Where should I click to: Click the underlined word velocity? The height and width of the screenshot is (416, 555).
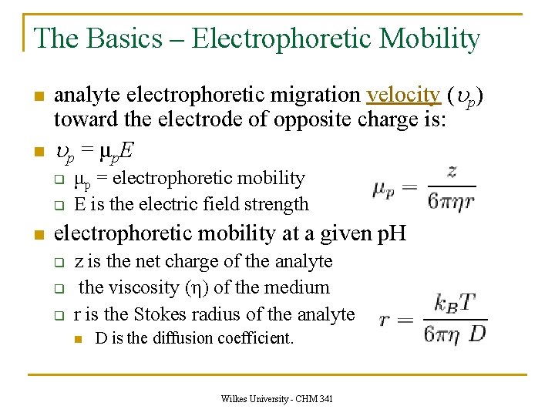click(x=403, y=95)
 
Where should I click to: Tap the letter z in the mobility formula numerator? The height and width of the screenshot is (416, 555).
click(x=451, y=172)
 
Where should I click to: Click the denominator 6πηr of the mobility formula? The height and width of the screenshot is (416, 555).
click(x=452, y=200)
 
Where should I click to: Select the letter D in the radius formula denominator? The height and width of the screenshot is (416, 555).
click(x=478, y=333)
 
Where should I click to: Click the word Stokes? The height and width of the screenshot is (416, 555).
click(x=168, y=314)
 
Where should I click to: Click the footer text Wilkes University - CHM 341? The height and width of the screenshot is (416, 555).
click(x=277, y=399)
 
